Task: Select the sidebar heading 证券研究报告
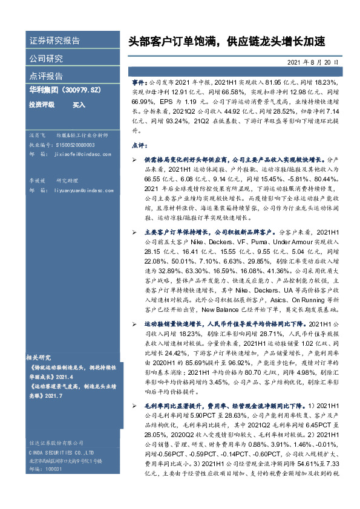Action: (x=54, y=41)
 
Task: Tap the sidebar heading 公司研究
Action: (x=46, y=59)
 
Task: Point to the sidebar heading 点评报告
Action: (x=46, y=76)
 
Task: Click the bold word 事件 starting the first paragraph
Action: (x=139, y=80)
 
